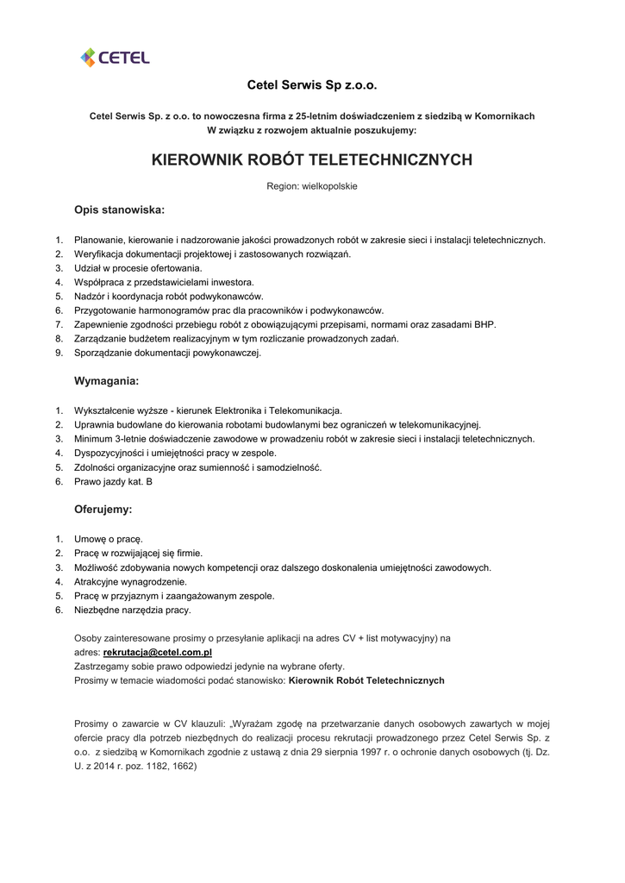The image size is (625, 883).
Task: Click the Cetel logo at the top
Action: click(115, 57)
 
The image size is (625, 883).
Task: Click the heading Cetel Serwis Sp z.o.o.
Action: click(312, 85)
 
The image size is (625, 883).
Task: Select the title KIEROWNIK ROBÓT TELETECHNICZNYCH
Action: click(312, 160)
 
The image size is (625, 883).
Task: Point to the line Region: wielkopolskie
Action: click(312, 186)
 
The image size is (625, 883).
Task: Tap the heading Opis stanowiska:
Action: click(119, 210)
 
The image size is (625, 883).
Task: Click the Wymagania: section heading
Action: click(106, 380)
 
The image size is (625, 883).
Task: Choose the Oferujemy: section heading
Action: click(103, 510)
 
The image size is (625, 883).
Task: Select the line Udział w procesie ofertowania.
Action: click(137, 268)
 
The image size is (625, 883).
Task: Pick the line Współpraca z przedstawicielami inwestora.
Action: click(164, 282)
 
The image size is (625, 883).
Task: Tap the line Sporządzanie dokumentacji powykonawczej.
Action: click(167, 353)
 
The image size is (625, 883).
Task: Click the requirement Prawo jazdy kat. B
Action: click(113, 481)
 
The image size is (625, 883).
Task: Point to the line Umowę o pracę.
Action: click(109, 539)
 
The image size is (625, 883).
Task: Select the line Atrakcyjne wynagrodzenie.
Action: click(130, 581)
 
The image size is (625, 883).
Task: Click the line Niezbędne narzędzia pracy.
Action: click(133, 610)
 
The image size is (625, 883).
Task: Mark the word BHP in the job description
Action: click(485, 324)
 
